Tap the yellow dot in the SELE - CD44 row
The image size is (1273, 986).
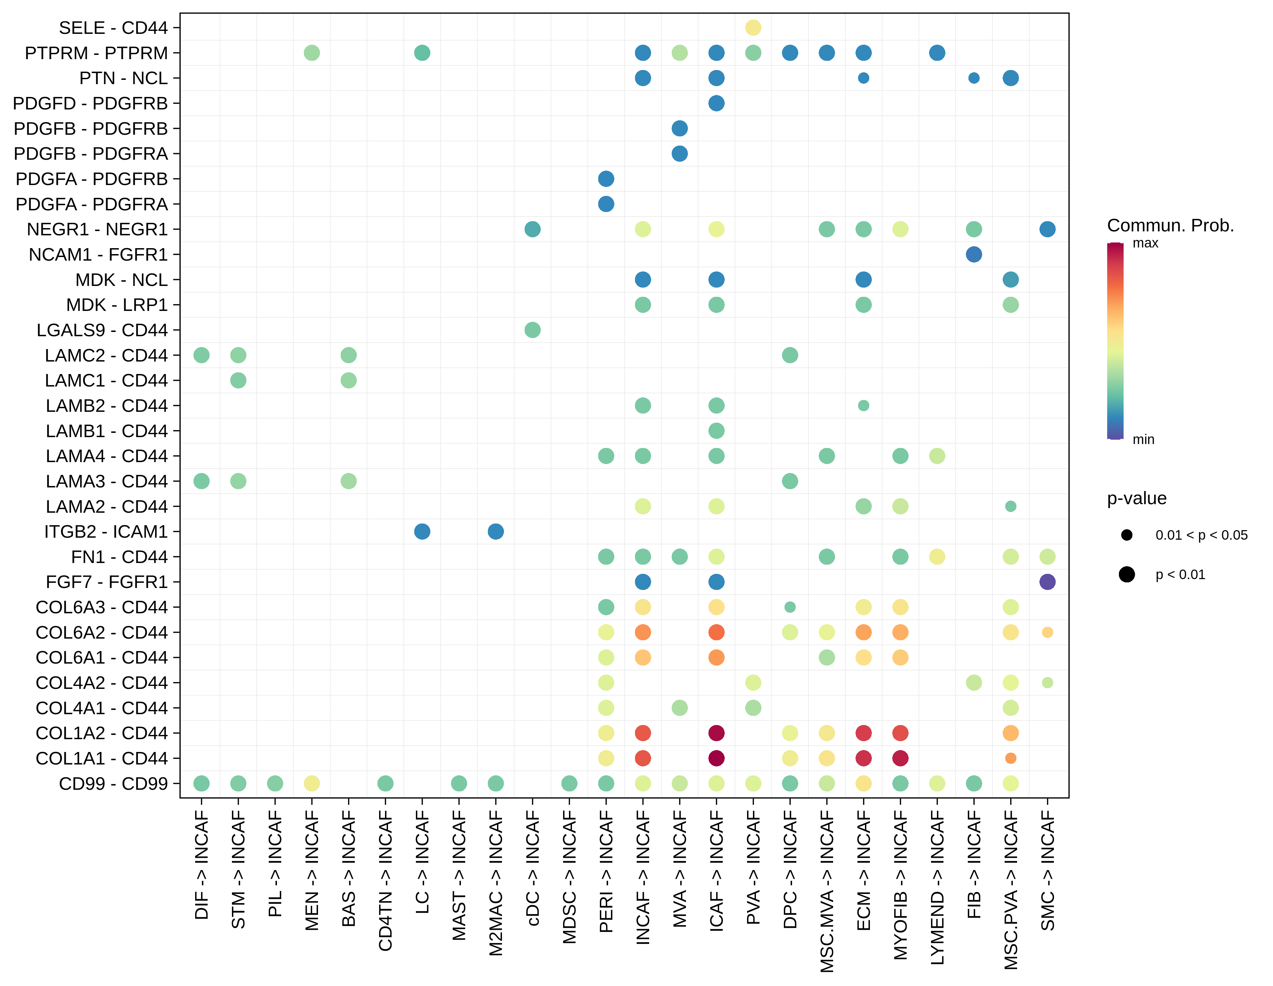pyautogui.click(x=753, y=27)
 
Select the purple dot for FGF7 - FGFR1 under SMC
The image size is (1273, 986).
pyautogui.click(x=1047, y=582)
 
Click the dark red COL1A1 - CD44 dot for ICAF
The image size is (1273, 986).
pyautogui.click(x=716, y=758)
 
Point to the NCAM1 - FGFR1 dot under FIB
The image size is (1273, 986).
pyautogui.click(x=974, y=254)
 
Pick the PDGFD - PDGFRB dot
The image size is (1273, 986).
pyautogui.click(x=716, y=103)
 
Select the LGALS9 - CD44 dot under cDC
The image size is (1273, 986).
pyautogui.click(x=532, y=330)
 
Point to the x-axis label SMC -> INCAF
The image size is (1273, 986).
pyautogui.click(x=1047, y=871)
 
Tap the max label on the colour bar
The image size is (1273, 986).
pyautogui.click(x=1145, y=243)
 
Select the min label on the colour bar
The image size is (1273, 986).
pyautogui.click(x=1143, y=440)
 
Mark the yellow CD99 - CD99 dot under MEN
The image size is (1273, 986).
pyautogui.click(x=312, y=783)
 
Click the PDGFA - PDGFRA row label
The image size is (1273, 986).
pyautogui.click(x=92, y=204)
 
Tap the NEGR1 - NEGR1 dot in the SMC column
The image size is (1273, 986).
pyautogui.click(x=1047, y=229)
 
